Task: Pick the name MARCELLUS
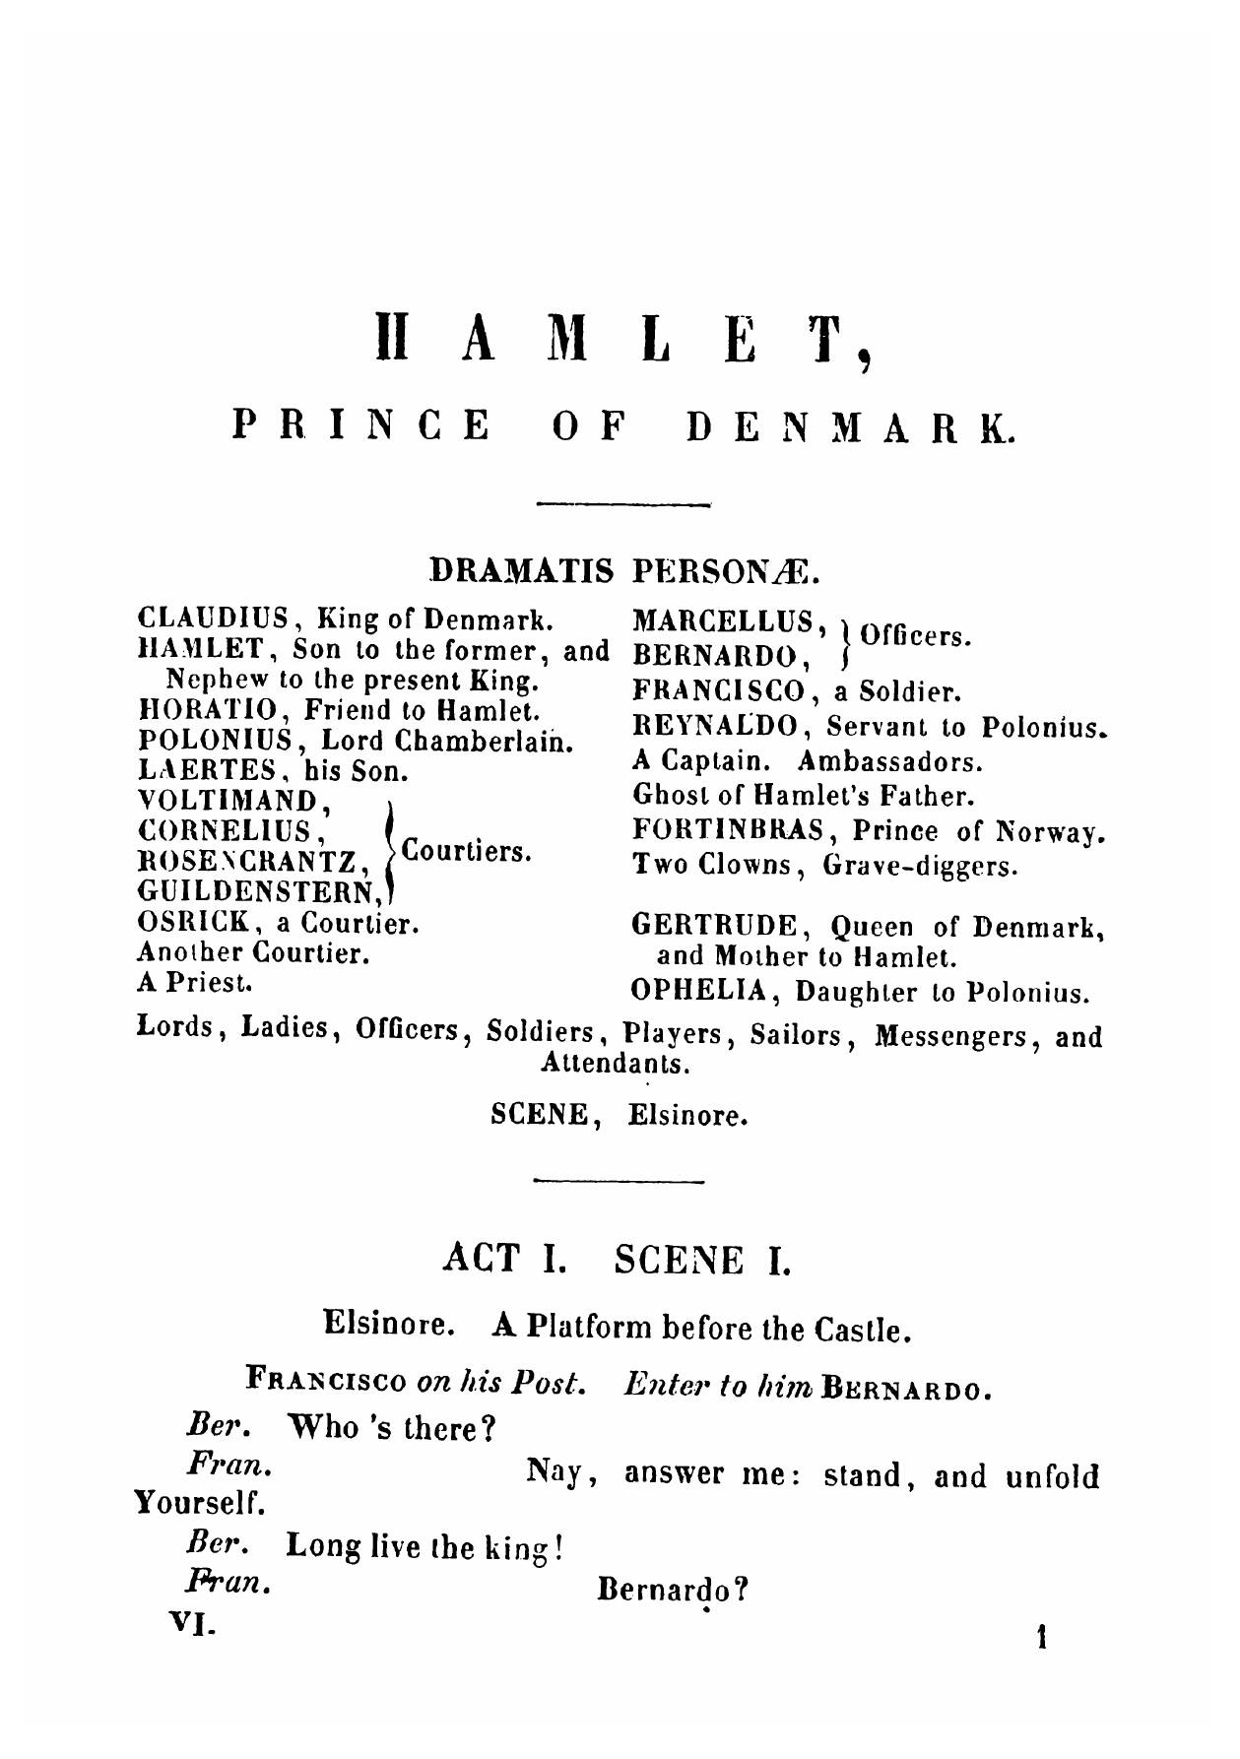[725, 621]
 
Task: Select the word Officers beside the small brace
[916, 636]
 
